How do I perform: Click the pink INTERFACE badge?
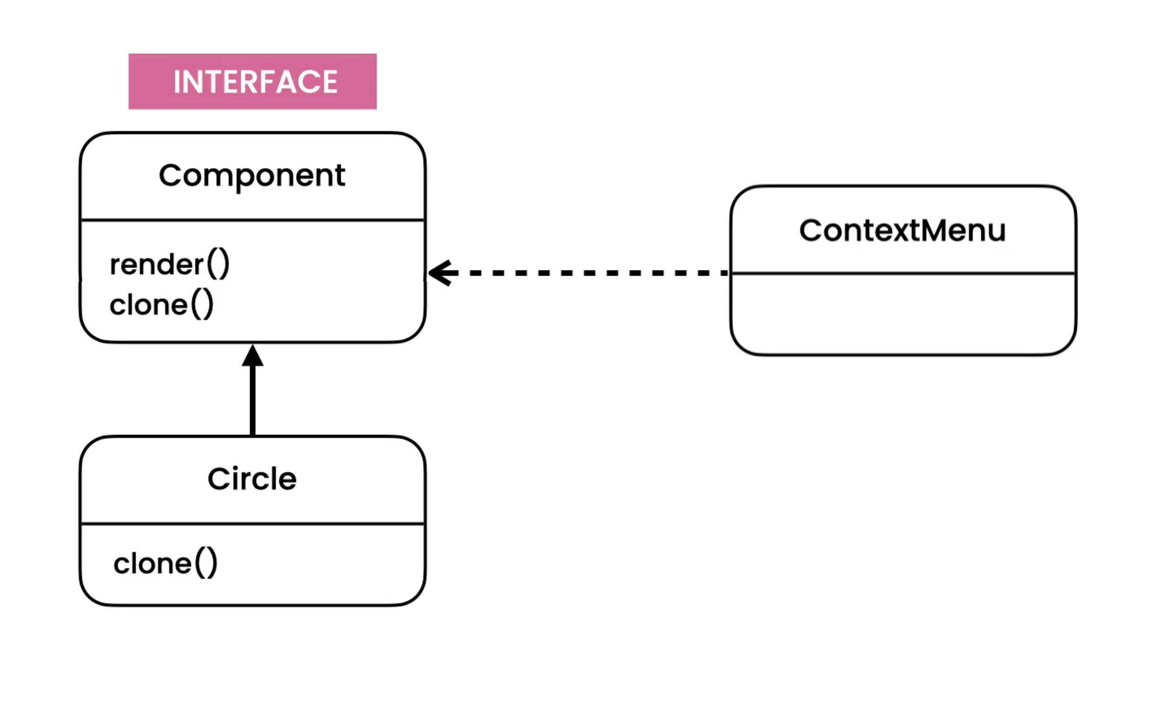click(252, 81)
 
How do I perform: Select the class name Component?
click(252, 176)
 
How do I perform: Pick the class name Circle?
click(252, 479)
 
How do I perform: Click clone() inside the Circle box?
click(165, 563)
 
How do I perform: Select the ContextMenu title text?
click(902, 230)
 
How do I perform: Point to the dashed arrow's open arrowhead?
click(439, 273)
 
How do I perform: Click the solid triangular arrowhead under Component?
click(252, 356)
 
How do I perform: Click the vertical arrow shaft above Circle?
click(252, 401)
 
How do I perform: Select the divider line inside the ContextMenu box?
click(903, 273)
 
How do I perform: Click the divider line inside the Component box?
click(252, 220)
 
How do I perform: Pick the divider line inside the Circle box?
click(252, 524)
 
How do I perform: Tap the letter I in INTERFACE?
click(177, 82)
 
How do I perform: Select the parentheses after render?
click(218, 264)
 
